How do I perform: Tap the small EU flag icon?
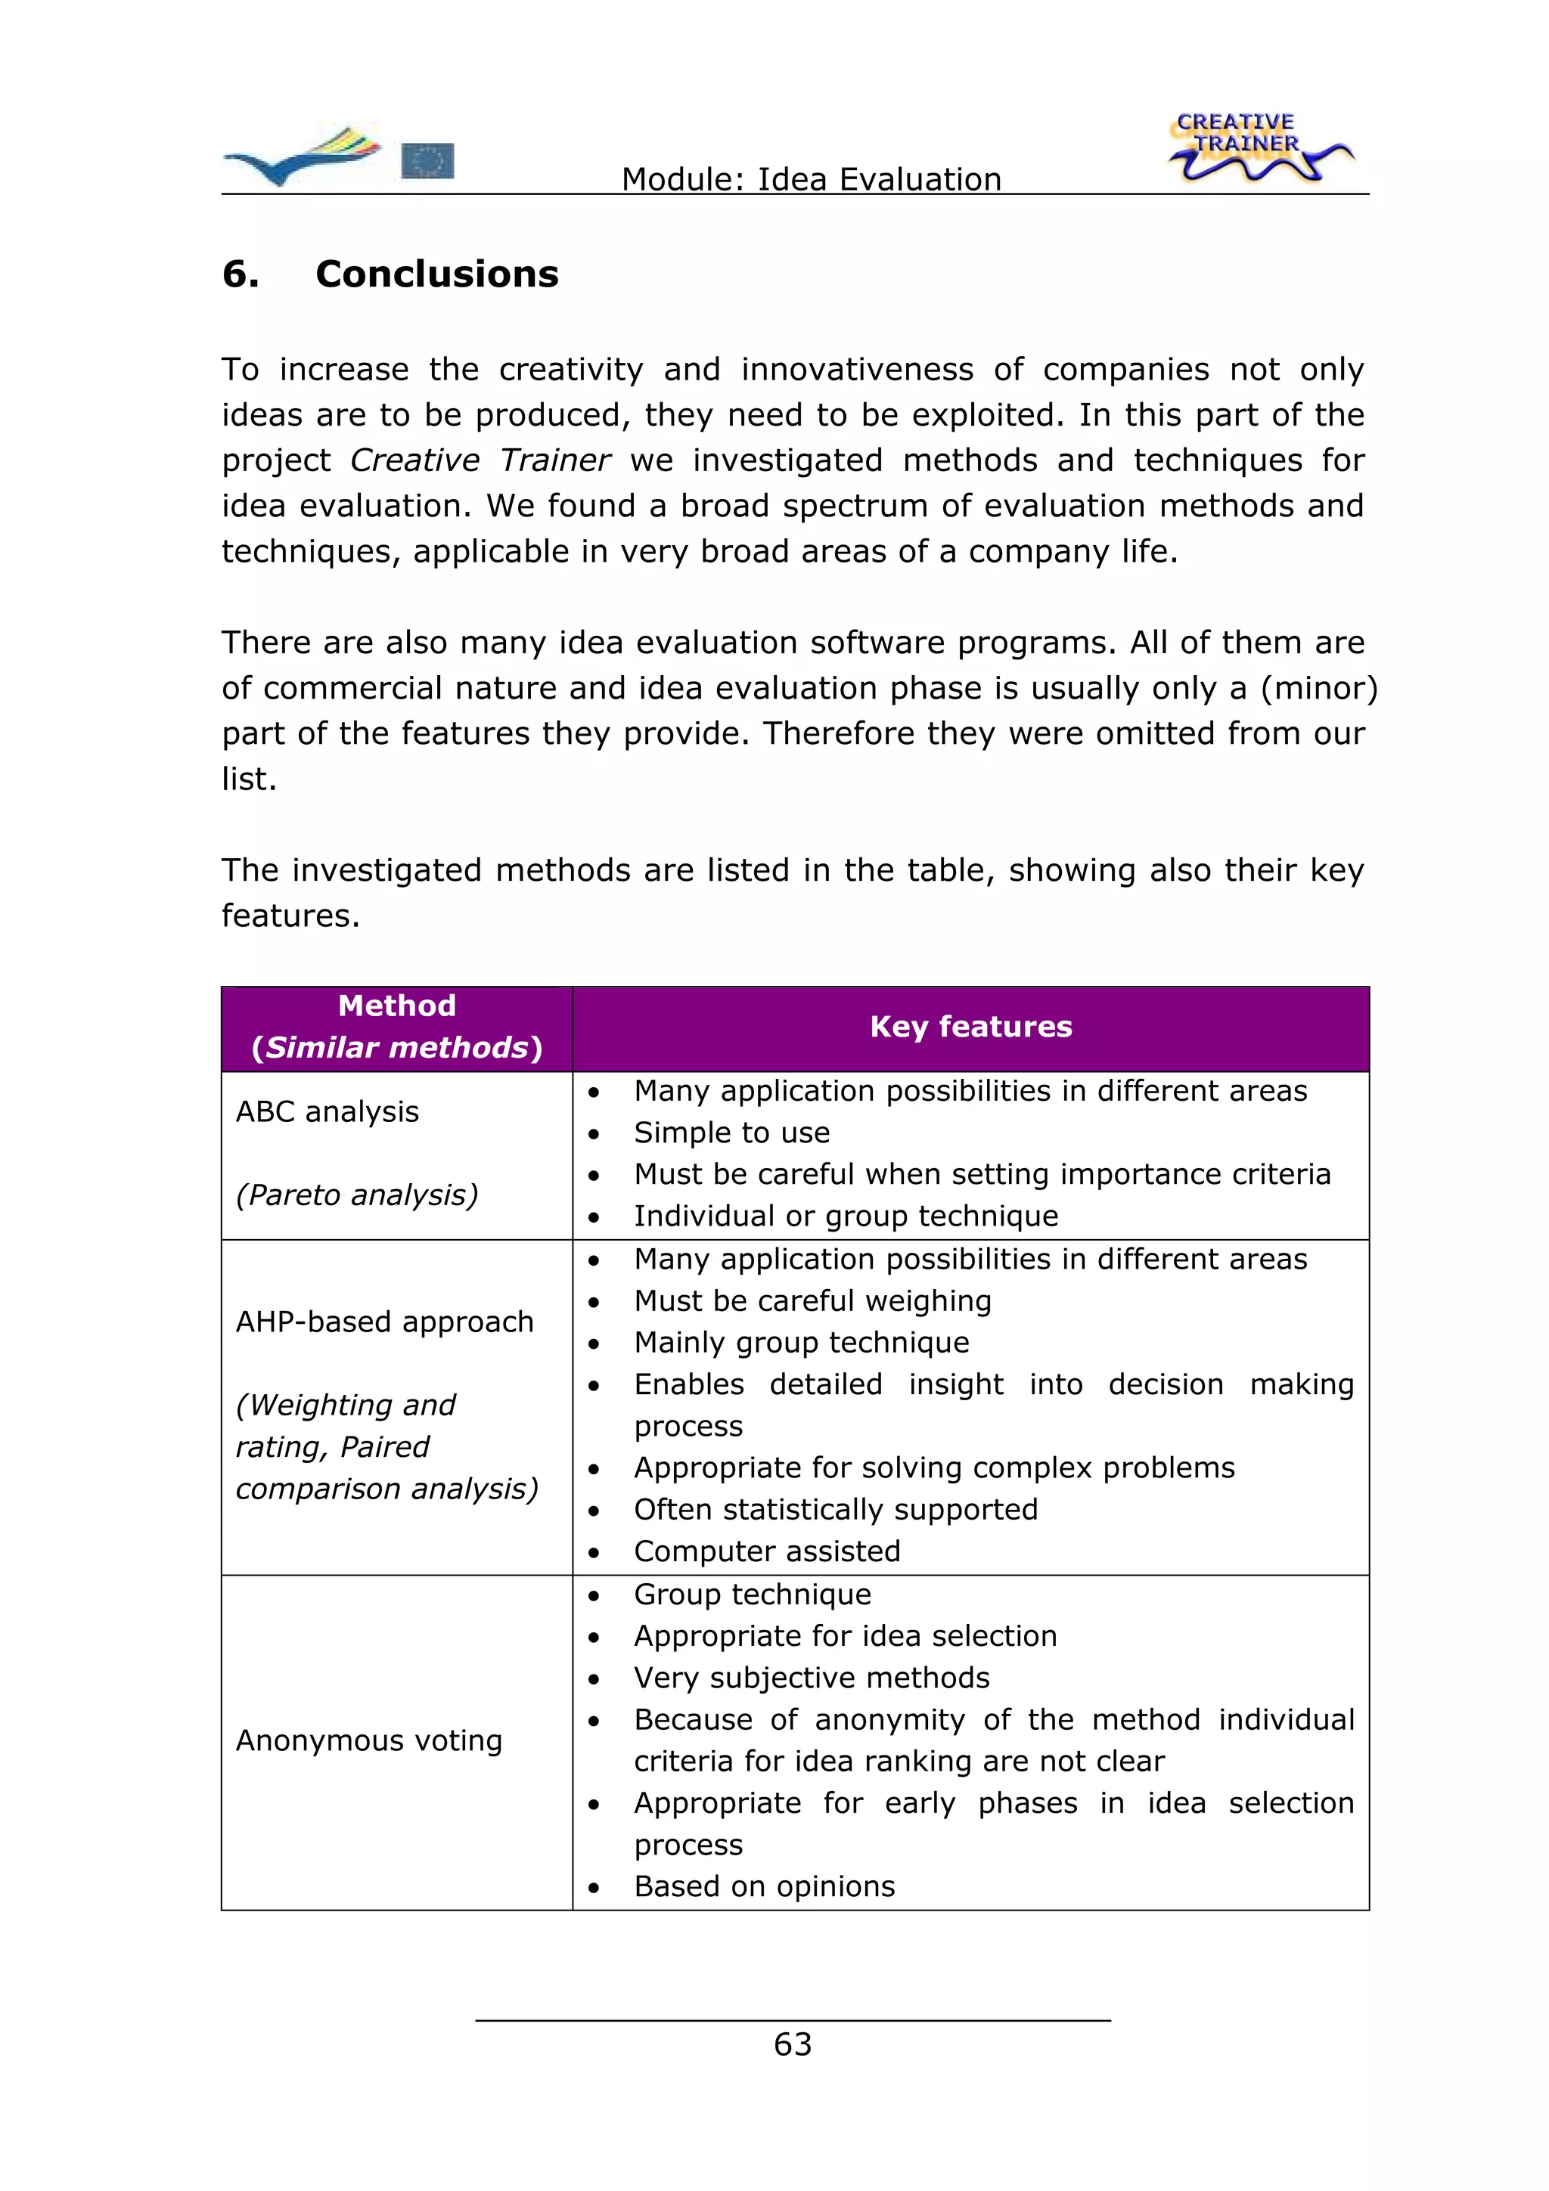(427, 160)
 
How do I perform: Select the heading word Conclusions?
(436, 274)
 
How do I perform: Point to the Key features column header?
(970, 1026)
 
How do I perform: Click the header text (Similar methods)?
(396, 1047)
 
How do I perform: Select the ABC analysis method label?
(327, 1111)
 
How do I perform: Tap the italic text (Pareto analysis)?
(356, 1194)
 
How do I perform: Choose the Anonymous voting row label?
(368, 1740)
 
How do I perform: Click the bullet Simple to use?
(731, 1132)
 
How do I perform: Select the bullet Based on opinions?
(763, 1886)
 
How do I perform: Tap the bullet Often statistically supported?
(835, 1509)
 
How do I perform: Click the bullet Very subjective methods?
(812, 1677)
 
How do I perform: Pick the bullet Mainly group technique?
(801, 1342)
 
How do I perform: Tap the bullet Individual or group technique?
(846, 1216)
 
